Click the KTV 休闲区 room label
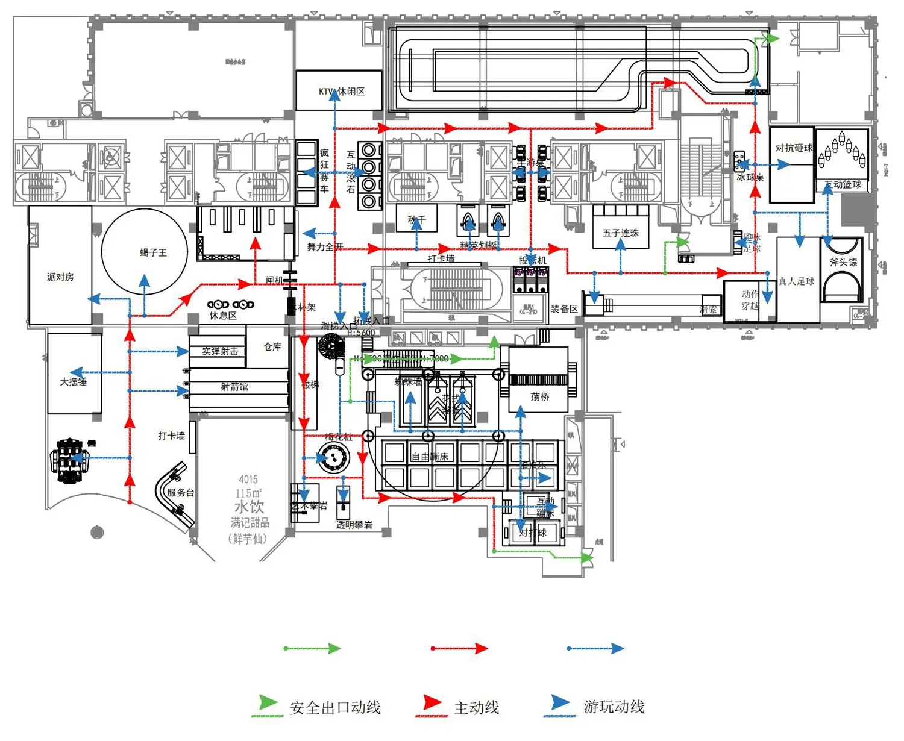pyautogui.click(x=342, y=92)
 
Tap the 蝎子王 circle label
pyautogui.click(x=153, y=252)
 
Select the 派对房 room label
pyautogui.click(x=60, y=277)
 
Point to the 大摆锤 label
pyautogui.click(x=74, y=381)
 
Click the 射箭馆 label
pyautogui.click(x=234, y=387)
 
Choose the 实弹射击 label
pyautogui.click(x=220, y=351)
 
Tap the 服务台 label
pyautogui.click(x=180, y=492)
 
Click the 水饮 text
pyautogui.click(x=249, y=507)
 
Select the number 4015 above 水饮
pyautogui.click(x=248, y=480)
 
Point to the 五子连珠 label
pyautogui.click(x=621, y=233)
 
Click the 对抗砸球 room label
pyautogui.click(x=794, y=148)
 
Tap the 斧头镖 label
pyautogui.click(x=843, y=262)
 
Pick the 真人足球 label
pyautogui.click(x=796, y=281)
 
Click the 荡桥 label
pyautogui.click(x=540, y=396)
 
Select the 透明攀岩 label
pyautogui.click(x=354, y=525)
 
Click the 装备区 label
pyautogui.click(x=564, y=309)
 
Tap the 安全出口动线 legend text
pyautogui.click(x=335, y=708)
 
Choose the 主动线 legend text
pyautogui.click(x=476, y=708)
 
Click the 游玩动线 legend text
pyautogui.click(x=614, y=707)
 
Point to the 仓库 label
pyautogui.click(x=272, y=346)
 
